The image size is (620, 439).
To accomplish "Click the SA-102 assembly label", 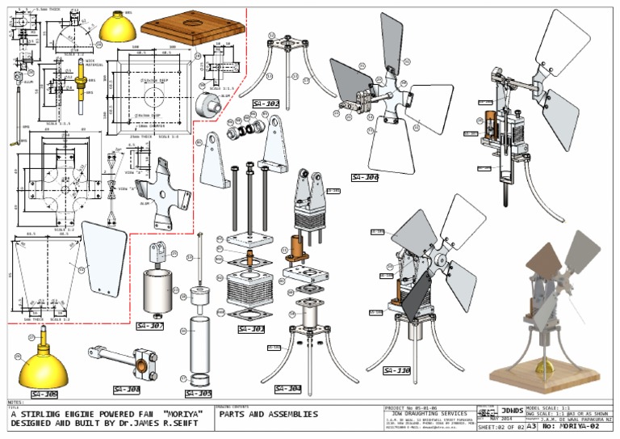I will click(265, 103).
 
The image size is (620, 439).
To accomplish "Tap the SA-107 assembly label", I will click(149, 326).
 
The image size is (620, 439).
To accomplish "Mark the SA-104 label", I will click(287, 389).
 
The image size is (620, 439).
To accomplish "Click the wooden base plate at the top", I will click(192, 28).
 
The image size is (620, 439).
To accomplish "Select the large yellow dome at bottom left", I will click(44, 365).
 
